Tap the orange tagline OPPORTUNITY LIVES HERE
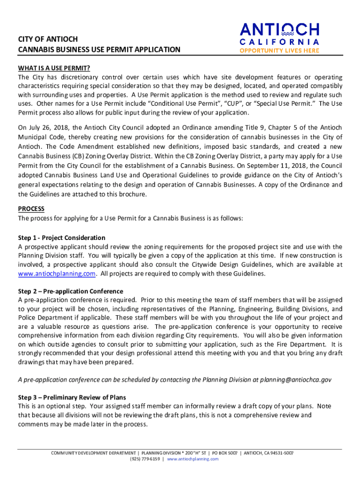pyautogui.click(x=280, y=51)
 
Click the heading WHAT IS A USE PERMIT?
pyautogui.click(x=54, y=68)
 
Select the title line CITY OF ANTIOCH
pyautogui.click(x=48, y=39)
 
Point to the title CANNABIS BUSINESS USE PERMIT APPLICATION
pyautogui.click(x=99, y=50)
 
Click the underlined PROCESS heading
pyautogui.click(x=31, y=209)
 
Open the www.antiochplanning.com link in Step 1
pyautogui.click(x=57, y=274)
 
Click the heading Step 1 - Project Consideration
pyautogui.click(x=62, y=238)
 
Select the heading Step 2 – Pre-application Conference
pyautogui.click(x=71, y=291)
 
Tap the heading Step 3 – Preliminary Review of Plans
pyautogui.click(x=72, y=397)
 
